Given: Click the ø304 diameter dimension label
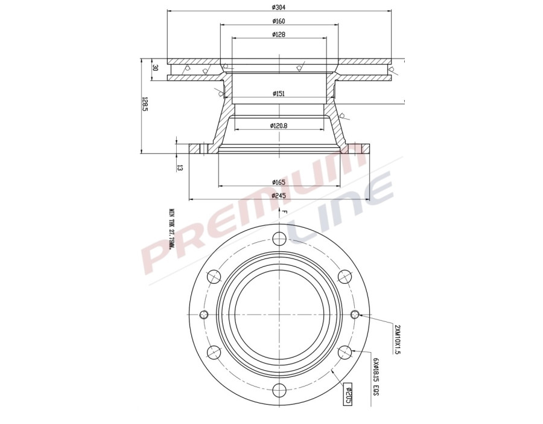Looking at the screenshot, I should coord(278,7).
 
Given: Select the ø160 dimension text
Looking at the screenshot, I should coord(278,21).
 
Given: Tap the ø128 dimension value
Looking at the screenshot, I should coord(278,34).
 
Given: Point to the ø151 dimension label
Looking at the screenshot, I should coord(278,94).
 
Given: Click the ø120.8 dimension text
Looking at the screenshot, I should coord(278,126).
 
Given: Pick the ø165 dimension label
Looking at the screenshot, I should coord(278,182).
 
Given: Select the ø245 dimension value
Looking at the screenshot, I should coord(278,195).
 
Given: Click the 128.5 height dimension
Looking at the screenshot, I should coord(145,106).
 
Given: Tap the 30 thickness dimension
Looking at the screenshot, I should coord(155,68).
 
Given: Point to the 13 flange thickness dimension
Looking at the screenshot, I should coord(180,167).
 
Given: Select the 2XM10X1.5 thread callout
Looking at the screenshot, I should coord(396,339).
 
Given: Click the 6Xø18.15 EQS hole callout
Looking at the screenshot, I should coord(375,376).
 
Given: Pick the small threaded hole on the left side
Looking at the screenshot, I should coord(203,314).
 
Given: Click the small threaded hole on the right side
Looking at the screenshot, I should coord(355,314).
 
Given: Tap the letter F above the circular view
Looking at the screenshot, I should coord(284,212).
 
